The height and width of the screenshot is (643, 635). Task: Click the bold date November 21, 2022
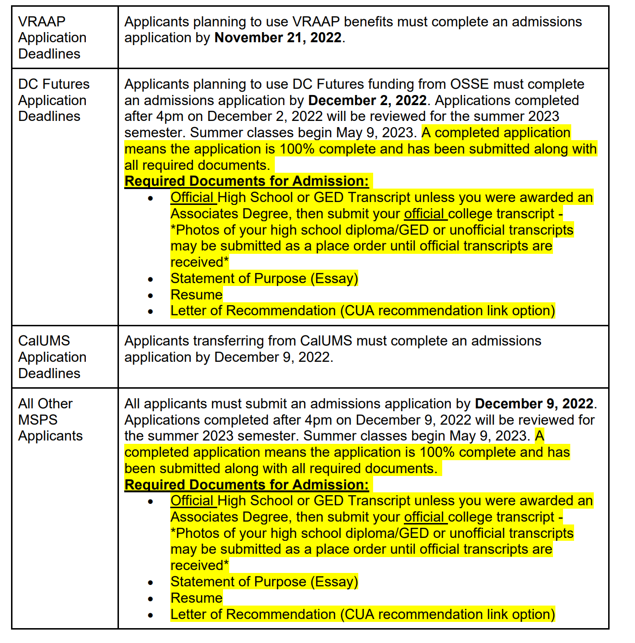(x=278, y=38)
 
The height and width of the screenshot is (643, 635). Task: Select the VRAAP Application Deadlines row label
(x=52, y=38)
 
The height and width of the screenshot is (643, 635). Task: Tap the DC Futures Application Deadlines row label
(x=53, y=100)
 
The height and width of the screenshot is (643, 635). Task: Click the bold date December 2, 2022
(x=367, y=101)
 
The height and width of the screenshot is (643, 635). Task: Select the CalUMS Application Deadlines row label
(x=52, y=357)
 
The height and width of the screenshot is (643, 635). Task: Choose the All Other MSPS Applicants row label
(x=50, y=420)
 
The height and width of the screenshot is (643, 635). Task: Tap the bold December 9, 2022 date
(x=534, y=404)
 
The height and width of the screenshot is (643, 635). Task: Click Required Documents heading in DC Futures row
(x=247, y=181)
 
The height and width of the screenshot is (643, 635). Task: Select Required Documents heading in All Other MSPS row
(x=247, y=485)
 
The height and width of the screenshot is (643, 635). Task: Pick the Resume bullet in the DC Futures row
(x=197, y=295)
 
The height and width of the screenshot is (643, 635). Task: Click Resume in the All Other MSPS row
(x=197, y=598)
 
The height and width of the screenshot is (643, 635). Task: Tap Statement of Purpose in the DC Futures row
(x=264, y=279)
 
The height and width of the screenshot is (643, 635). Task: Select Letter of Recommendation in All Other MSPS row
(x=363, y=615)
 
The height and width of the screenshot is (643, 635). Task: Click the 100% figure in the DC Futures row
(x=297, y=149)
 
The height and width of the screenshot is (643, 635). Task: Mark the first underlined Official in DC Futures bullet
(x=192, y=198)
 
